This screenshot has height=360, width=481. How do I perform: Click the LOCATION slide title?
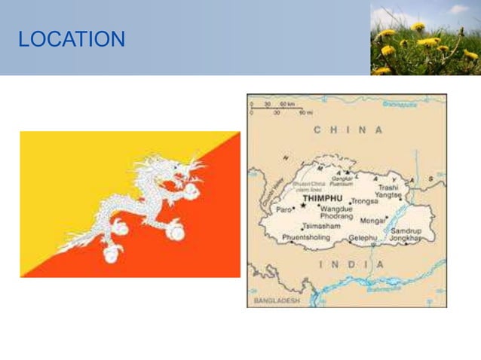coord(72,39)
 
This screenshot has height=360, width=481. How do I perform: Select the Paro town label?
coord(283,210)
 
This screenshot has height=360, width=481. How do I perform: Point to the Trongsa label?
coord(364,201)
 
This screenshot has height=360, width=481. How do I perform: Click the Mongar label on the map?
coord(374,221)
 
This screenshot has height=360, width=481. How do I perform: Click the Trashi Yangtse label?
coord(389,191)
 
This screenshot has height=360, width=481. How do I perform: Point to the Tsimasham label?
coord(320,226)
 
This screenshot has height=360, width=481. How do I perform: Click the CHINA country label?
coord(348,130)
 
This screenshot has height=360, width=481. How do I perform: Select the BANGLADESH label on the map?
coord(277,301)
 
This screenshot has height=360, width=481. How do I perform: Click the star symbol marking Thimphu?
coord(303,205)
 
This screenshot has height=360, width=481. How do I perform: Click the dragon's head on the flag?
coord(181,170)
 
